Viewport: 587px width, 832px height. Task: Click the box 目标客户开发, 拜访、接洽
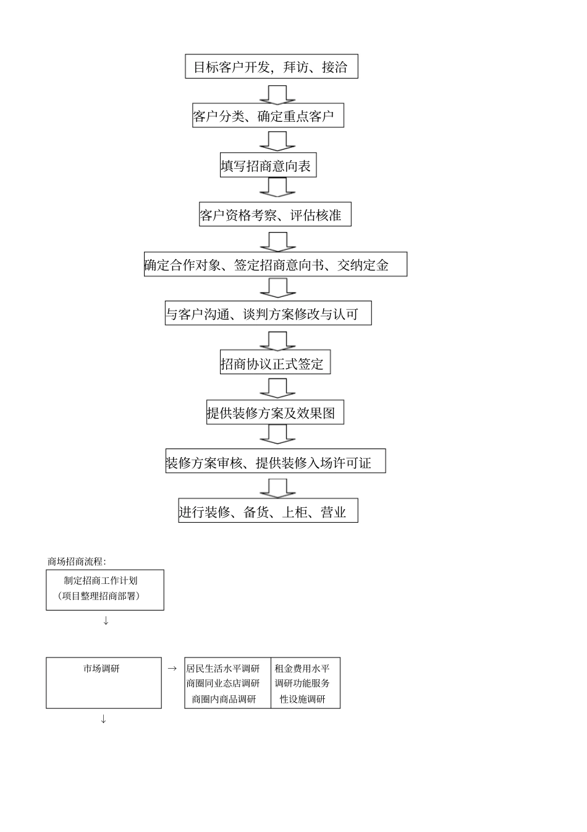coord(271,67)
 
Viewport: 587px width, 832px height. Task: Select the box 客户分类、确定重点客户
coord(268,116)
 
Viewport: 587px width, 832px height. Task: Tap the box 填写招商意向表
coord(268,165)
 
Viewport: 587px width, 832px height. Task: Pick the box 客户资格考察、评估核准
coord(274,215)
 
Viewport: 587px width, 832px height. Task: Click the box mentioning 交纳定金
coord(275,264)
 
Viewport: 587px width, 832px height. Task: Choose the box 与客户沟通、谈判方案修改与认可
coord(268,314)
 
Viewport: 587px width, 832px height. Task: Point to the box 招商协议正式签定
coord(274,362)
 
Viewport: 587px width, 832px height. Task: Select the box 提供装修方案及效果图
coord(274,413)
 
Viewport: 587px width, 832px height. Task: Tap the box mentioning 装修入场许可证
coord(275,461)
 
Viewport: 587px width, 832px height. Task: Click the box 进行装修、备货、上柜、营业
coord(268,511)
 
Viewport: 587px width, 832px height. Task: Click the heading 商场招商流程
coord(77,562)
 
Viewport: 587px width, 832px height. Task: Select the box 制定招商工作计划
coord(104,589)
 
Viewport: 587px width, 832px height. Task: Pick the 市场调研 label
coord(102,669)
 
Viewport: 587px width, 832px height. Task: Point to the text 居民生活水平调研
coord(223,669)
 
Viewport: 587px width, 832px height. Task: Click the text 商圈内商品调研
coord(223,700)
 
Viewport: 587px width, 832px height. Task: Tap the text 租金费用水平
coord(302,669)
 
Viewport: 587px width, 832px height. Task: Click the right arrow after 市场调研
coord(172,669)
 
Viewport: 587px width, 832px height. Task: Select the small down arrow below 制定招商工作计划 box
coord(106,620)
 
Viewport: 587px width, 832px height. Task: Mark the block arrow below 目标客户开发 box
coord(277,94)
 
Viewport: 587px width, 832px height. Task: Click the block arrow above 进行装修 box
coord(277,487)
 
